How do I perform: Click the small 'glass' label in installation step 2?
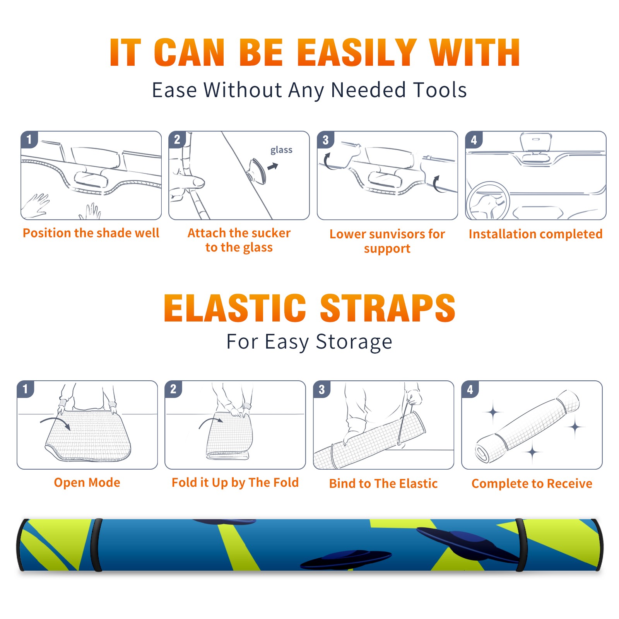[x=281, y=150]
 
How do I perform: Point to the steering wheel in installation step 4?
[x=488, y=201]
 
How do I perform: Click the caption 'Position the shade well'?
[x=91, y=233]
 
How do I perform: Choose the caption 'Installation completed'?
[x=535, y=234]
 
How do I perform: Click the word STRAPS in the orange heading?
[x=388, y=308]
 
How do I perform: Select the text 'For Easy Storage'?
[x=309, y=342]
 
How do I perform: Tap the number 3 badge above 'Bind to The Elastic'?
[x=322, y=389]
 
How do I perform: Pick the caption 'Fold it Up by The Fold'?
[x=235, y=482]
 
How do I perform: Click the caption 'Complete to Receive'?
[x=532, y=484]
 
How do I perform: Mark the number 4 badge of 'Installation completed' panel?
[x=474, y=140]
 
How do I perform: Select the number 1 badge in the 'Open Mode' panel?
[x=26, y=389]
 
